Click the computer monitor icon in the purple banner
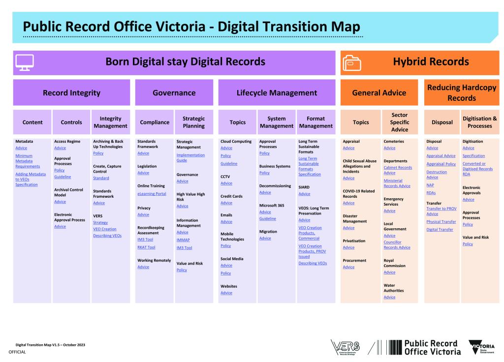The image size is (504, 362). [x=25, y=62]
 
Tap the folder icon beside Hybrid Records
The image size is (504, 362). [x=351, y=62]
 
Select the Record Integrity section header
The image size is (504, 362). [x=72, y=92]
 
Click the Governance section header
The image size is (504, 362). [x=174, y=92]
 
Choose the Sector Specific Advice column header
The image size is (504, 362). [x=400, y=122]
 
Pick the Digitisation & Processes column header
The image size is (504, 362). [x=479, y=122]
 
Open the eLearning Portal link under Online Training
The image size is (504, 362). [x=152, y=194]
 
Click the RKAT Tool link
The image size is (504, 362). [x=146, y=247]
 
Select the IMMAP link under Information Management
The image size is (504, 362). [x=183, y=240]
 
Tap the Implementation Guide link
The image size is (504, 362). [x=190, y=157]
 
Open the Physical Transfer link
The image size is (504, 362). [x=441, y=222]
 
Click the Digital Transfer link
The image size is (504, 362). [x=440, y=229]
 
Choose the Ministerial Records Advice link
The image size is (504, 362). [x=397, y=183]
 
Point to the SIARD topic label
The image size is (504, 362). [x=304, y=187]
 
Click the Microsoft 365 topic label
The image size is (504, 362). [x=272, y=205]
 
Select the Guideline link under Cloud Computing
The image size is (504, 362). [x=229, y=163]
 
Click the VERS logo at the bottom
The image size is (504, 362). [x=345, y=347]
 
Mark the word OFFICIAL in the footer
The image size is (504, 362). [x=17, y=352]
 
